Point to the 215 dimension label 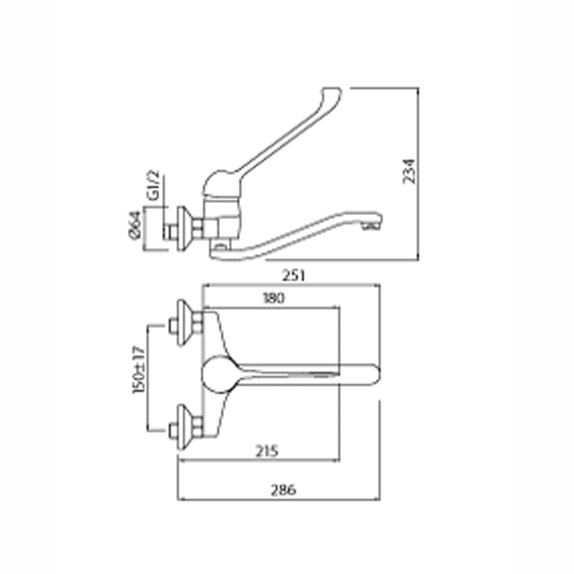[x=266, y=451]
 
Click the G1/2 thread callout [x=153, y=186]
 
